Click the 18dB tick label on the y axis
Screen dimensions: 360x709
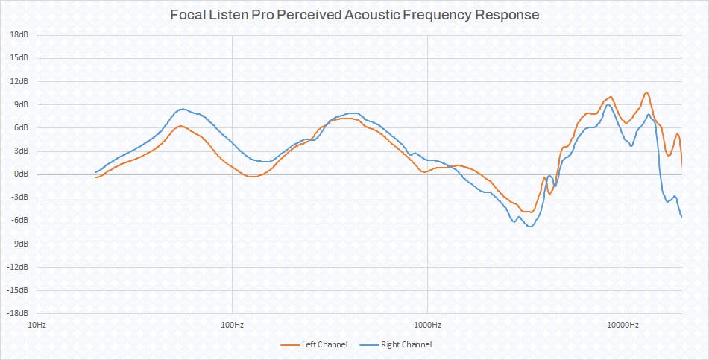pyautogui.click(x=19, y=35)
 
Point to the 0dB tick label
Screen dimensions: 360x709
pyautogui.click(x=21, y=174)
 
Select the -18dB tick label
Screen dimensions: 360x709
pyautogui.click(x=17, y=313)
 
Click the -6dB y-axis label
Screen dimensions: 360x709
pyautogui.click(x=19, y=221)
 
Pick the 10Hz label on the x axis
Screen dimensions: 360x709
pyautogui.click(x=37, y=325)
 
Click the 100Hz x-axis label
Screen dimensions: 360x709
pyautogui.click(x=232, y=325)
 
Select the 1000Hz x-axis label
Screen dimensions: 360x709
pyautogui.click(x=427, y=325)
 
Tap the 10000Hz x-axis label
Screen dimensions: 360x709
pyautogui.click(x=623, y=325)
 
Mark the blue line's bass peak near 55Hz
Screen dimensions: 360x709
pyautogui.click(x=183, y=109)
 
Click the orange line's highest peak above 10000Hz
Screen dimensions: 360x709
pyautogui.click(x=646, y=92)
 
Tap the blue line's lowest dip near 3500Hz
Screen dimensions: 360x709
pyautogui.click(x=530, y=226)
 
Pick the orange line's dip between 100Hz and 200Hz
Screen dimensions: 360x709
pyautogui.click(x=252, y=177)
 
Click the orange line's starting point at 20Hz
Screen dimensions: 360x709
pyautogui.click(x=95, y=177)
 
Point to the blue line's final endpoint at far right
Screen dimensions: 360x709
pyautogui.click(x=681, y=217)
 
